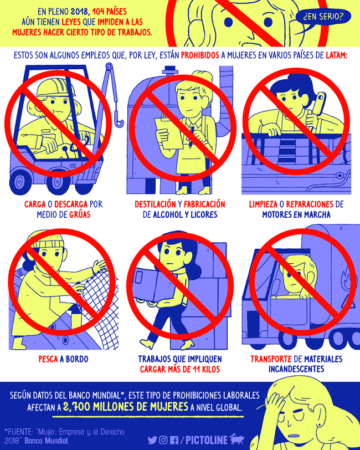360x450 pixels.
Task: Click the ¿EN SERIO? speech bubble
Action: [x=323, y=17]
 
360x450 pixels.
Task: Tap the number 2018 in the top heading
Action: [x=80, y=12]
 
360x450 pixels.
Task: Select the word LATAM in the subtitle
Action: [x=336, y=55]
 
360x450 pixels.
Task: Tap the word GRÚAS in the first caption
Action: [x=80, y=214]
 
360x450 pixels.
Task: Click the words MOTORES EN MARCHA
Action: [x=296, y=214]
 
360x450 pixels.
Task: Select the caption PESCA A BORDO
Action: [x=63, y=359]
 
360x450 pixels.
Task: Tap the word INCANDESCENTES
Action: [x=296, y=369]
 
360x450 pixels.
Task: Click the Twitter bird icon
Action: [x=152, y=440]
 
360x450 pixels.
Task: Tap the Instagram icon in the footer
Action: [x=163, y=440]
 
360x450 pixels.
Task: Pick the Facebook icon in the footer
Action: [x=174, y=440]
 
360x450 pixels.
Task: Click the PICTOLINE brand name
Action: [x=207, y=440]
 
